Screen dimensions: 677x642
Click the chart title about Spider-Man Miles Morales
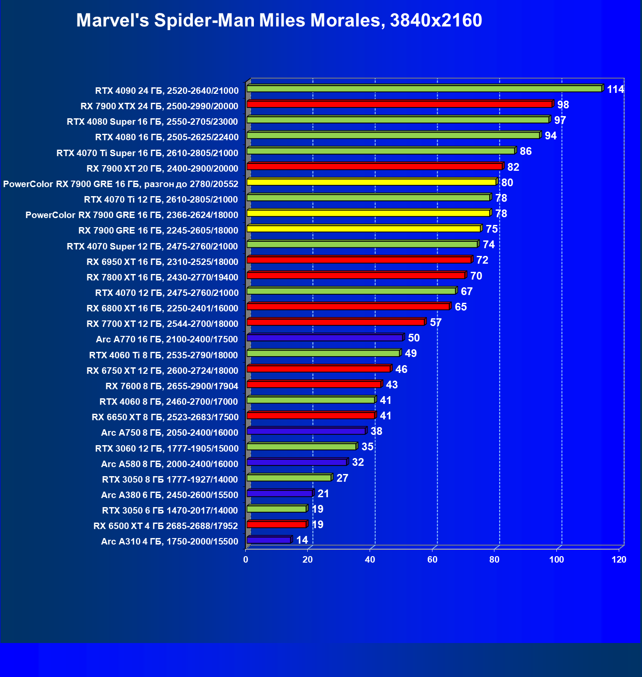coord(279,20)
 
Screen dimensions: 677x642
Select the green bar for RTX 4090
coord(424,89)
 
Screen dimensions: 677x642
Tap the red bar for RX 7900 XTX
coord(399,104)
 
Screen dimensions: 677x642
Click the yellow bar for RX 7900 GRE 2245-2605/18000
coord(364,228)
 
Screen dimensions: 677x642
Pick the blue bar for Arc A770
coord(325,338)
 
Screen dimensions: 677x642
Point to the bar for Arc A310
coord(269,540)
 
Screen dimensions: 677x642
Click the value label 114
coord(615,89)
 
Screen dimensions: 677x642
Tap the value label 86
coord(525,151)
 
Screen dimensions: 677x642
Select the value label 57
coord(435,323)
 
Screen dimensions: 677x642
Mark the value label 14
coord(302,540)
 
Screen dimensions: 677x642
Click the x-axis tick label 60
coord(432,560)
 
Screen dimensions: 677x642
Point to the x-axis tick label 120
coord(619,560)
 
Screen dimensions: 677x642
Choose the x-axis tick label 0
coord(246,560)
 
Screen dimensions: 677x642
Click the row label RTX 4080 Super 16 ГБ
coord(152,122)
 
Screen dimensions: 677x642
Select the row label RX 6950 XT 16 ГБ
coord(162,262)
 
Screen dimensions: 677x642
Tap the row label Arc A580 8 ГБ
coord(170,464)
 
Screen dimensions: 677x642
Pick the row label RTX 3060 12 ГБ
coord(167,449)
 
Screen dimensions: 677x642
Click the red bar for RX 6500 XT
coord(277,524)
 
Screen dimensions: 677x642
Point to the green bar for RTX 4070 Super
coord(362,244)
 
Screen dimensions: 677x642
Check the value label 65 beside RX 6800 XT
coord(460,307)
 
